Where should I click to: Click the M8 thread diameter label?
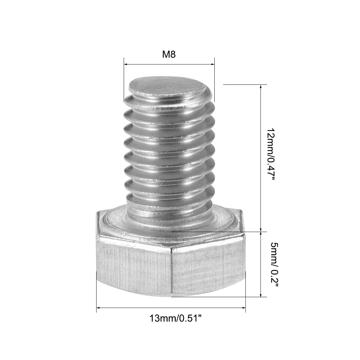click(x=169, y=54)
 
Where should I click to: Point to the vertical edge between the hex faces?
click(x=171, y=272)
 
